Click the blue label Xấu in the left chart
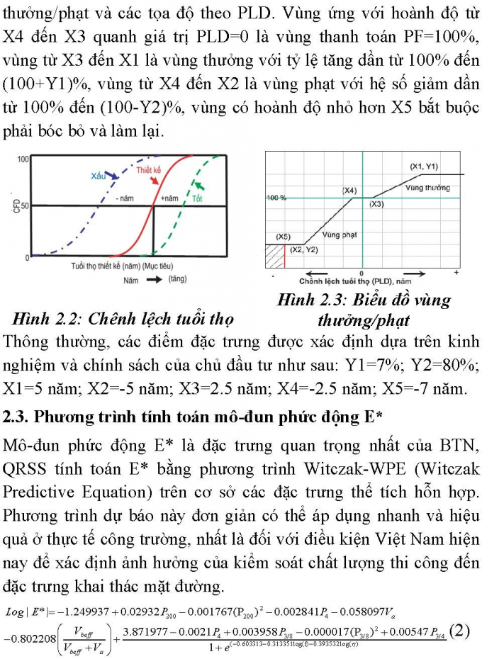point(99,175)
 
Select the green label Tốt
point(197,199)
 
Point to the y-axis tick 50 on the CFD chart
point(24,205)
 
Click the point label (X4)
point(349,191)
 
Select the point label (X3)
point(376,204)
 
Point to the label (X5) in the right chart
point(283,235)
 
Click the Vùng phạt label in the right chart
point(339,235)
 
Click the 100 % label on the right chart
point(276,198)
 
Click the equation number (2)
point(460,630)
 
